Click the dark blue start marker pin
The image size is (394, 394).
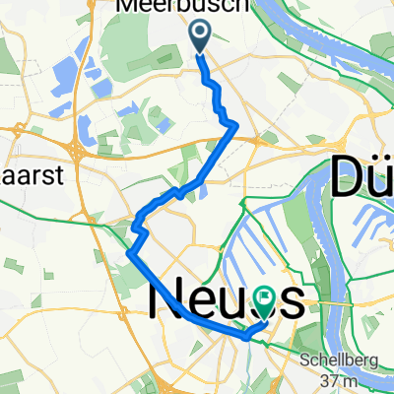point(200,37)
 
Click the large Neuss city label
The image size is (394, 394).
point(224,298)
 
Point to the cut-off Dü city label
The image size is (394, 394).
point(362,179)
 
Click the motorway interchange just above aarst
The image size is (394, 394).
point(76,148)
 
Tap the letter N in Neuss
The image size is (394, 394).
point(167,298)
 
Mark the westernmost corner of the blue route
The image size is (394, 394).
point(129,253)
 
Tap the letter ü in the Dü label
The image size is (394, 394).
point(379,179)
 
